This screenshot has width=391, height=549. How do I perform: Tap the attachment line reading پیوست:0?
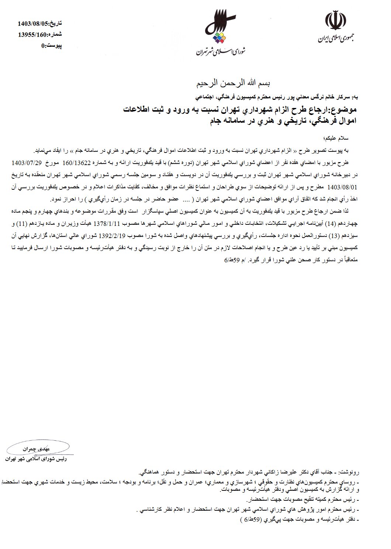click(51, 46)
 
